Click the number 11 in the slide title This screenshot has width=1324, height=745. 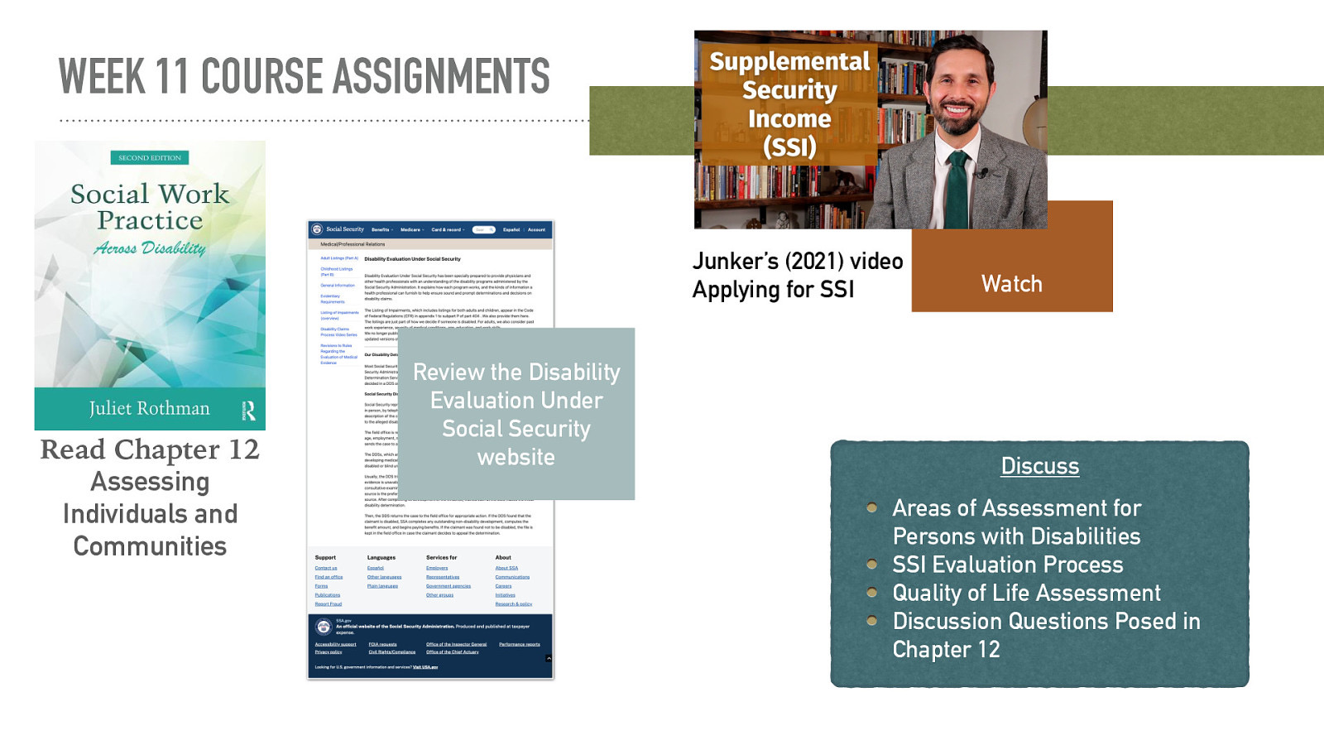(x=171, y=77)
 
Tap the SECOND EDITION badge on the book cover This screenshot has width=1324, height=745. (x=150, y=157)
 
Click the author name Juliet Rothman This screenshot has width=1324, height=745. (x=149, y=408)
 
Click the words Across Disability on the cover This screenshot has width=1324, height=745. (x=150, y=248)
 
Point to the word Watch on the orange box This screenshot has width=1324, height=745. (x=1011, y=284)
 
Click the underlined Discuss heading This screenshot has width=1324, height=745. (x=1039, y=466)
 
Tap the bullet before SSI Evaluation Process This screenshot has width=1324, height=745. (x=871, y=565)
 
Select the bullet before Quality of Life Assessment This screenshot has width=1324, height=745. (x=871, y=593)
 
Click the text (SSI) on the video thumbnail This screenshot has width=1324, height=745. (x=789, y=147)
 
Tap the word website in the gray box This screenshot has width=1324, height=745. (x=516, y=457)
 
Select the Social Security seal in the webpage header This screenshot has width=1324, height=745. (x=317, y=229)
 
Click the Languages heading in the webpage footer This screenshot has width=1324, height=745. (x=381, y=558)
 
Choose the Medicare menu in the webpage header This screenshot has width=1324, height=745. (x=411, y=230)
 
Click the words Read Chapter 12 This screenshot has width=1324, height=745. (x=150, y=449)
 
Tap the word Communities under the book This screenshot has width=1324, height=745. (x=150, y=546)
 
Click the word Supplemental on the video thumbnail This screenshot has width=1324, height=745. (x=789, y=61)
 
